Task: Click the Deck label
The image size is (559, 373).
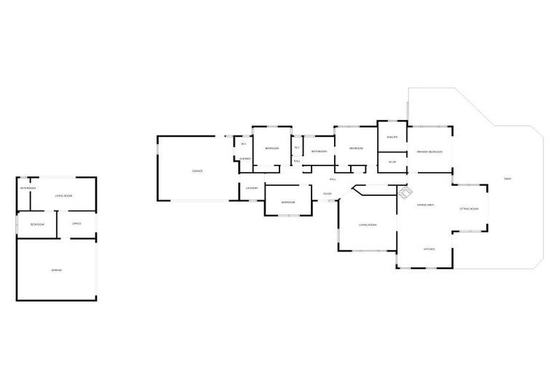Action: tap(507, 178)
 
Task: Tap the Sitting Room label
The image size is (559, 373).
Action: tap(469, 209)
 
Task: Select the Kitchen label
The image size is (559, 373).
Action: tap(429, 250)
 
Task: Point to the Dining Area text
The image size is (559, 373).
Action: tap(425, 205)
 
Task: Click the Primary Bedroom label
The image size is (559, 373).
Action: tap(429, 151)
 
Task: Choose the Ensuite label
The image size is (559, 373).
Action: tap(392, 137)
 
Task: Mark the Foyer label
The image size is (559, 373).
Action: tap(328, 194)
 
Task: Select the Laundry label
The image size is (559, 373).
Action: tap(252, 188)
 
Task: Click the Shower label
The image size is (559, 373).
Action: tap(245, 158)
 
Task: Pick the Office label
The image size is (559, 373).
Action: tap(76, 224)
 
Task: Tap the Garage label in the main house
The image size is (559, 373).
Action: tap(197, 170)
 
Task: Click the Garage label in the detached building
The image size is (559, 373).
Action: tap(57, 270)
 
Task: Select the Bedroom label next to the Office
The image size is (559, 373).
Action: tap(38, 224)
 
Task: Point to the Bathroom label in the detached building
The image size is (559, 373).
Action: tap(28, 188)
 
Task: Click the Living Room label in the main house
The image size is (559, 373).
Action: tap(367, 224)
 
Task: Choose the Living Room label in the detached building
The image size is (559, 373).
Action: tap(64, 196)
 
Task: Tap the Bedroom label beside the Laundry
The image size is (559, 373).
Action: tap(288, 202)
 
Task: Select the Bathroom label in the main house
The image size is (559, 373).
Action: tap(319, 151)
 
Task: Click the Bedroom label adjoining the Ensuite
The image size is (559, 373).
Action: tap(356, 148)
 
